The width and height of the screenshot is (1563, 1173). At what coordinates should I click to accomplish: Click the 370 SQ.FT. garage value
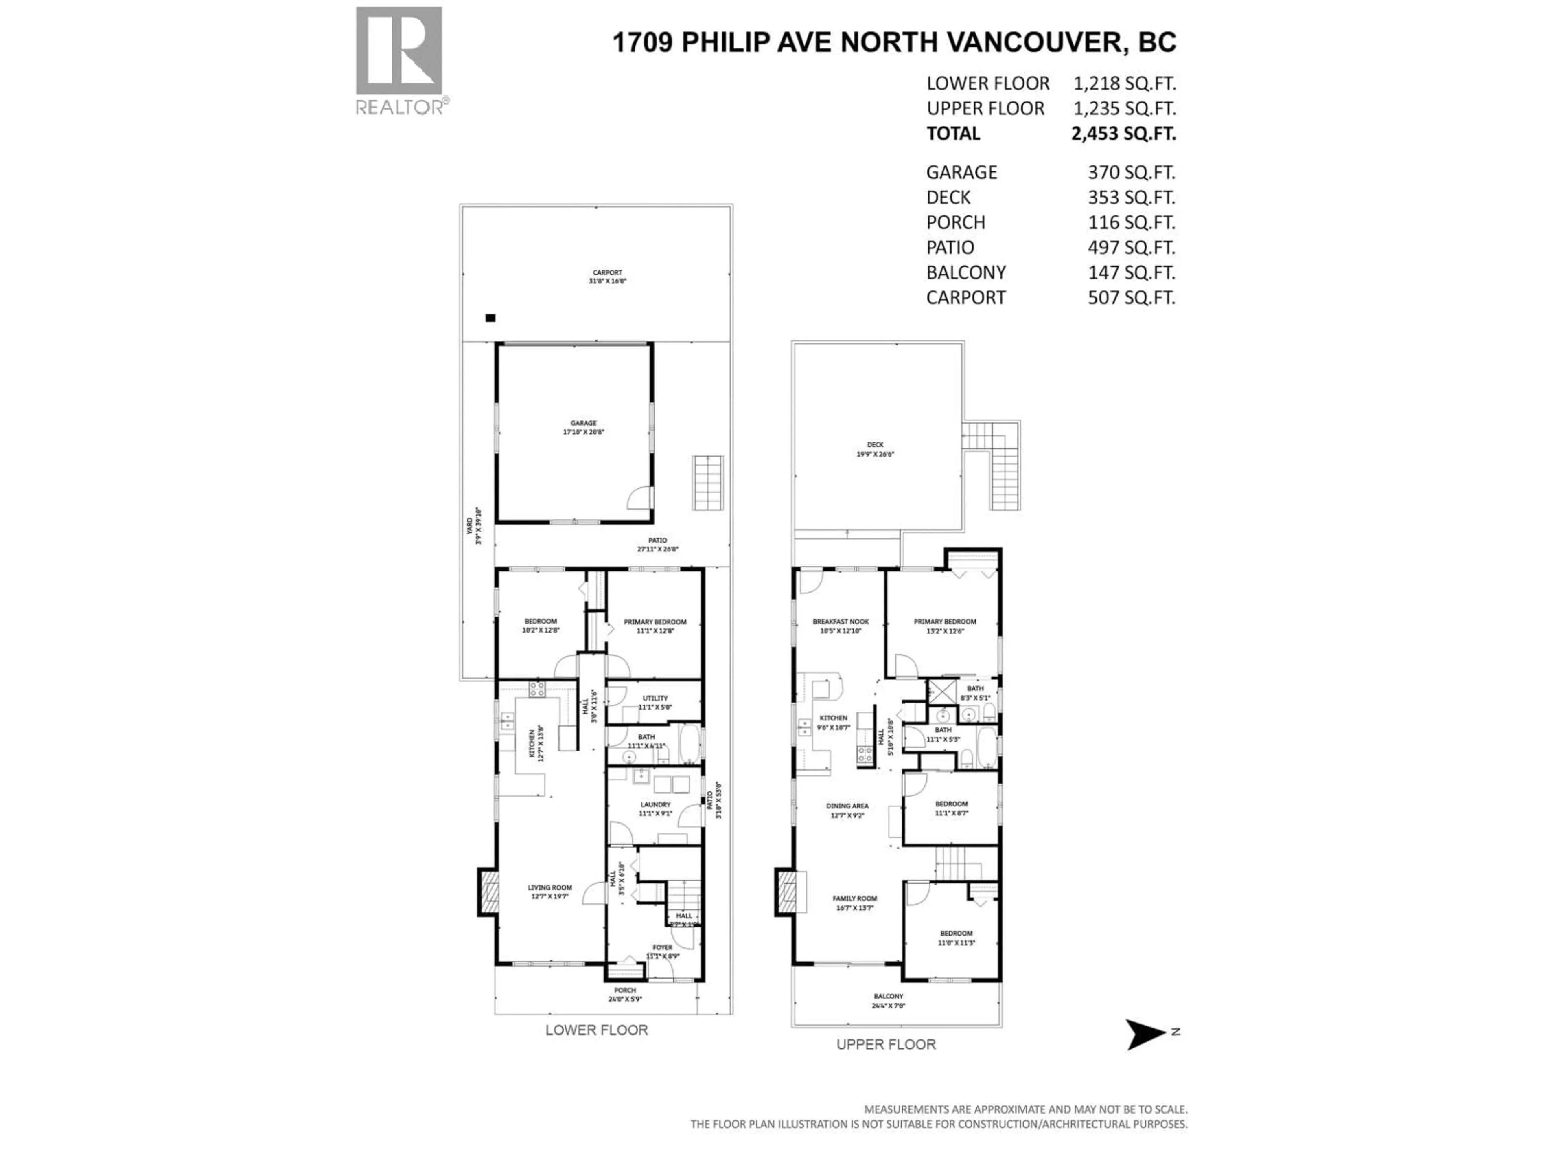pyautogui.click(x=1131, y=173)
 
